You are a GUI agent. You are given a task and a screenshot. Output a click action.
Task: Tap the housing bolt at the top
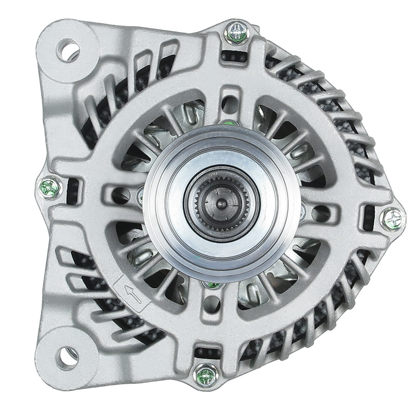pos(236,33)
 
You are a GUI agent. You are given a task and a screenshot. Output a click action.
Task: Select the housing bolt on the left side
pos(50,188)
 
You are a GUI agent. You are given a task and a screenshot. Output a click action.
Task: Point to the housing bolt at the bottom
pos(206,376)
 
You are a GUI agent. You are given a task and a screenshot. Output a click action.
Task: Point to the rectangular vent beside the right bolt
pos(369,217)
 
